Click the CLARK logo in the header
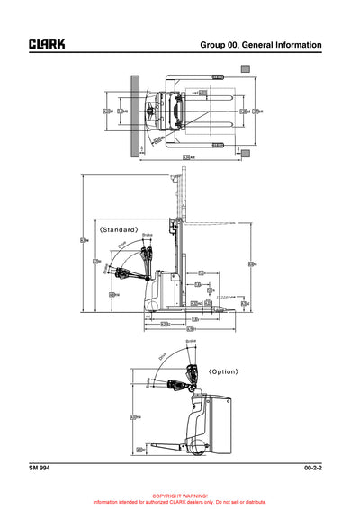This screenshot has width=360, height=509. pos(47,43)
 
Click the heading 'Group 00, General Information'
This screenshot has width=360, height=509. pos(260,44)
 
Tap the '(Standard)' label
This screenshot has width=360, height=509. pos(119,229)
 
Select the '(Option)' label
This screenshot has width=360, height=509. pos(223,371)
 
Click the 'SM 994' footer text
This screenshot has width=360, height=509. pos(39,469)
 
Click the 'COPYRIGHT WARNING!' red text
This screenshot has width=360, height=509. pos(180,496)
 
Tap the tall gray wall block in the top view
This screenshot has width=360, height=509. pos(135,114)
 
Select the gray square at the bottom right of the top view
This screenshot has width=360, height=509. pos(246,155)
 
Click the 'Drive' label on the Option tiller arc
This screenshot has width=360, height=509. pos(163,356)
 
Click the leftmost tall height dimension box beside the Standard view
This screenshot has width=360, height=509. pos(84,239)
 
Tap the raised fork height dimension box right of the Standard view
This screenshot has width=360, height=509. pos(251,263)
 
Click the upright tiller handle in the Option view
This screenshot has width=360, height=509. pos(191,371)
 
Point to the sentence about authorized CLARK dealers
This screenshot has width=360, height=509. pos(180,501)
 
